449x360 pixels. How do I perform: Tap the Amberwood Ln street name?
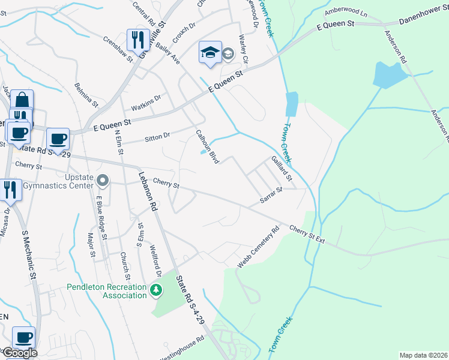(345, 11)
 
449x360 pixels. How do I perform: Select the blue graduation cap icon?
(209, 52)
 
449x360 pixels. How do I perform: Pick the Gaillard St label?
(281, 169)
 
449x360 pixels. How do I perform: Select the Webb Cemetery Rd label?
(259, 246)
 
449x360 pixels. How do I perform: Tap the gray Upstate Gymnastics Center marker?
(103, 179)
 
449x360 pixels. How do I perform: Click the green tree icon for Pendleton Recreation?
(157, 290)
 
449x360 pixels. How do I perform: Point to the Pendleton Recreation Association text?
(107, 291)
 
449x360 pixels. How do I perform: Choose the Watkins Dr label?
(149, 99)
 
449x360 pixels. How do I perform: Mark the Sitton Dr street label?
(157, 138)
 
